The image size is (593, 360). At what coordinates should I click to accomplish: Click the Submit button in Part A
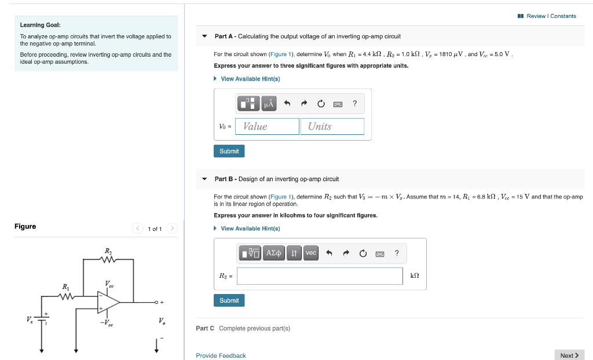[229, 151]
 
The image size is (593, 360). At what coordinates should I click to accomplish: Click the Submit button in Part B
[229, 300]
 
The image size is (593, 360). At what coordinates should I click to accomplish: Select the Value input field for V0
[267, 126]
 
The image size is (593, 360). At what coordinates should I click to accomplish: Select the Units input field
[332, 126]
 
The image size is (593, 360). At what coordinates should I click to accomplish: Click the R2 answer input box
[320, 276]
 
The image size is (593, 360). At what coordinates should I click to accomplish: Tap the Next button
[569, 355]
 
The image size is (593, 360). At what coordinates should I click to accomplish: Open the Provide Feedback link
[221, 355]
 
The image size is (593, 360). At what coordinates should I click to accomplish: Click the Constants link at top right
[563, 16]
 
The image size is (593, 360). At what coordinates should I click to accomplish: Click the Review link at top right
[536, 16]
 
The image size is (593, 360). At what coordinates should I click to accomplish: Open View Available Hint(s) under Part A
[250, 79]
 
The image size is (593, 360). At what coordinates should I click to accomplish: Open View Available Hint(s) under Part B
[250, 229]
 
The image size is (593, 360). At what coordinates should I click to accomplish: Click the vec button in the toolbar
[311, 253]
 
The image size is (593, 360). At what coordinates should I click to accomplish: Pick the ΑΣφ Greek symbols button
[274, 253]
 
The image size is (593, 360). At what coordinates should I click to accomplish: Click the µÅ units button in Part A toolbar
[269, 104]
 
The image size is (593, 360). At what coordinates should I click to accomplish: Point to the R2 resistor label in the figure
[108, 251]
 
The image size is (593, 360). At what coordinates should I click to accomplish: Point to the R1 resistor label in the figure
[65, 286]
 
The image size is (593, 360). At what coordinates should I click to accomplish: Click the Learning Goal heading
[41, 25]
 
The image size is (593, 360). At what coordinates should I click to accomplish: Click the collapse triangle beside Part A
[204, 36]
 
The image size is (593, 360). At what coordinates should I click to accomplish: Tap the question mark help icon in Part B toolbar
[397, 253]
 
